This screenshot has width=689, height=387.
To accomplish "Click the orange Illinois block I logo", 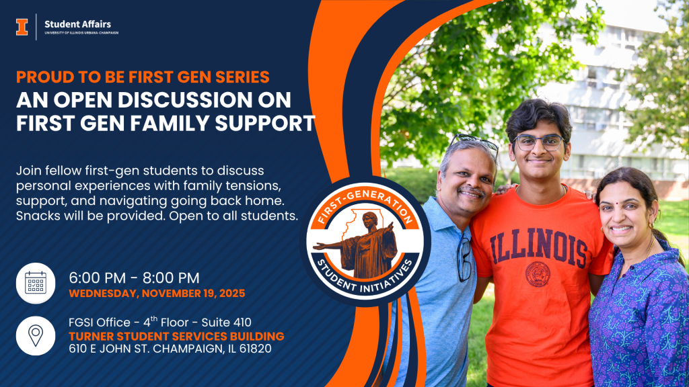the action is (22, 27).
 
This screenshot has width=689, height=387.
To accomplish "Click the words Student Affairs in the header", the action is (78, 24).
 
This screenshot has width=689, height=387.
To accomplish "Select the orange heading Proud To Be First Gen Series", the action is (143, 77).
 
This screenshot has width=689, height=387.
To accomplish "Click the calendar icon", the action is (36, 283).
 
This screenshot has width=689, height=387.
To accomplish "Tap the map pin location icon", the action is (36, 336).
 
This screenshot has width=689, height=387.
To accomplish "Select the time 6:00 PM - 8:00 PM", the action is (134, 277).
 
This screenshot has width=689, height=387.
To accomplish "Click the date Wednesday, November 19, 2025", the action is (157, 294).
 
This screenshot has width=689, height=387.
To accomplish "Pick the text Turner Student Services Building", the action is (177, 337).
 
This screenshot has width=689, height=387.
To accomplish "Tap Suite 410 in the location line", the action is (226, 322).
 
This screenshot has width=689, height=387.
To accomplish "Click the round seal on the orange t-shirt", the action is (538, 274).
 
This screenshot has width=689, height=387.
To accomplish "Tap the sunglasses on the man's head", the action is (474, 142).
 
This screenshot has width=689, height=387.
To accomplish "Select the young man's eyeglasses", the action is (538, 142).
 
